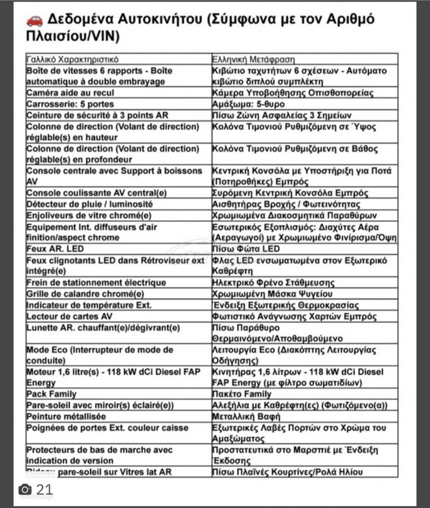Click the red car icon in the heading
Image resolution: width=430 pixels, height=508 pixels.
click(x=34, y=20)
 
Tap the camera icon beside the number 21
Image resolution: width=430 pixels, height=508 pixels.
click(x=24, y=489)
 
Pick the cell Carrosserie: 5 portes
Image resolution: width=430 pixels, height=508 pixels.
click(x=70, y=104)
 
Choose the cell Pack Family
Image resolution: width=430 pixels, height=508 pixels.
click(x=51, y=394)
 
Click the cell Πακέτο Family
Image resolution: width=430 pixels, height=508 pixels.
click(x=242, y=394)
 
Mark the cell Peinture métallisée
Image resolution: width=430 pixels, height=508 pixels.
click(x=66, y=417)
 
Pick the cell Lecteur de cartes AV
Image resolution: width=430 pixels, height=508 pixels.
click(x=70, y=316)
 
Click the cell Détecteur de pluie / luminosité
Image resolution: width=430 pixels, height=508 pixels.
click(x=89, y=204)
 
